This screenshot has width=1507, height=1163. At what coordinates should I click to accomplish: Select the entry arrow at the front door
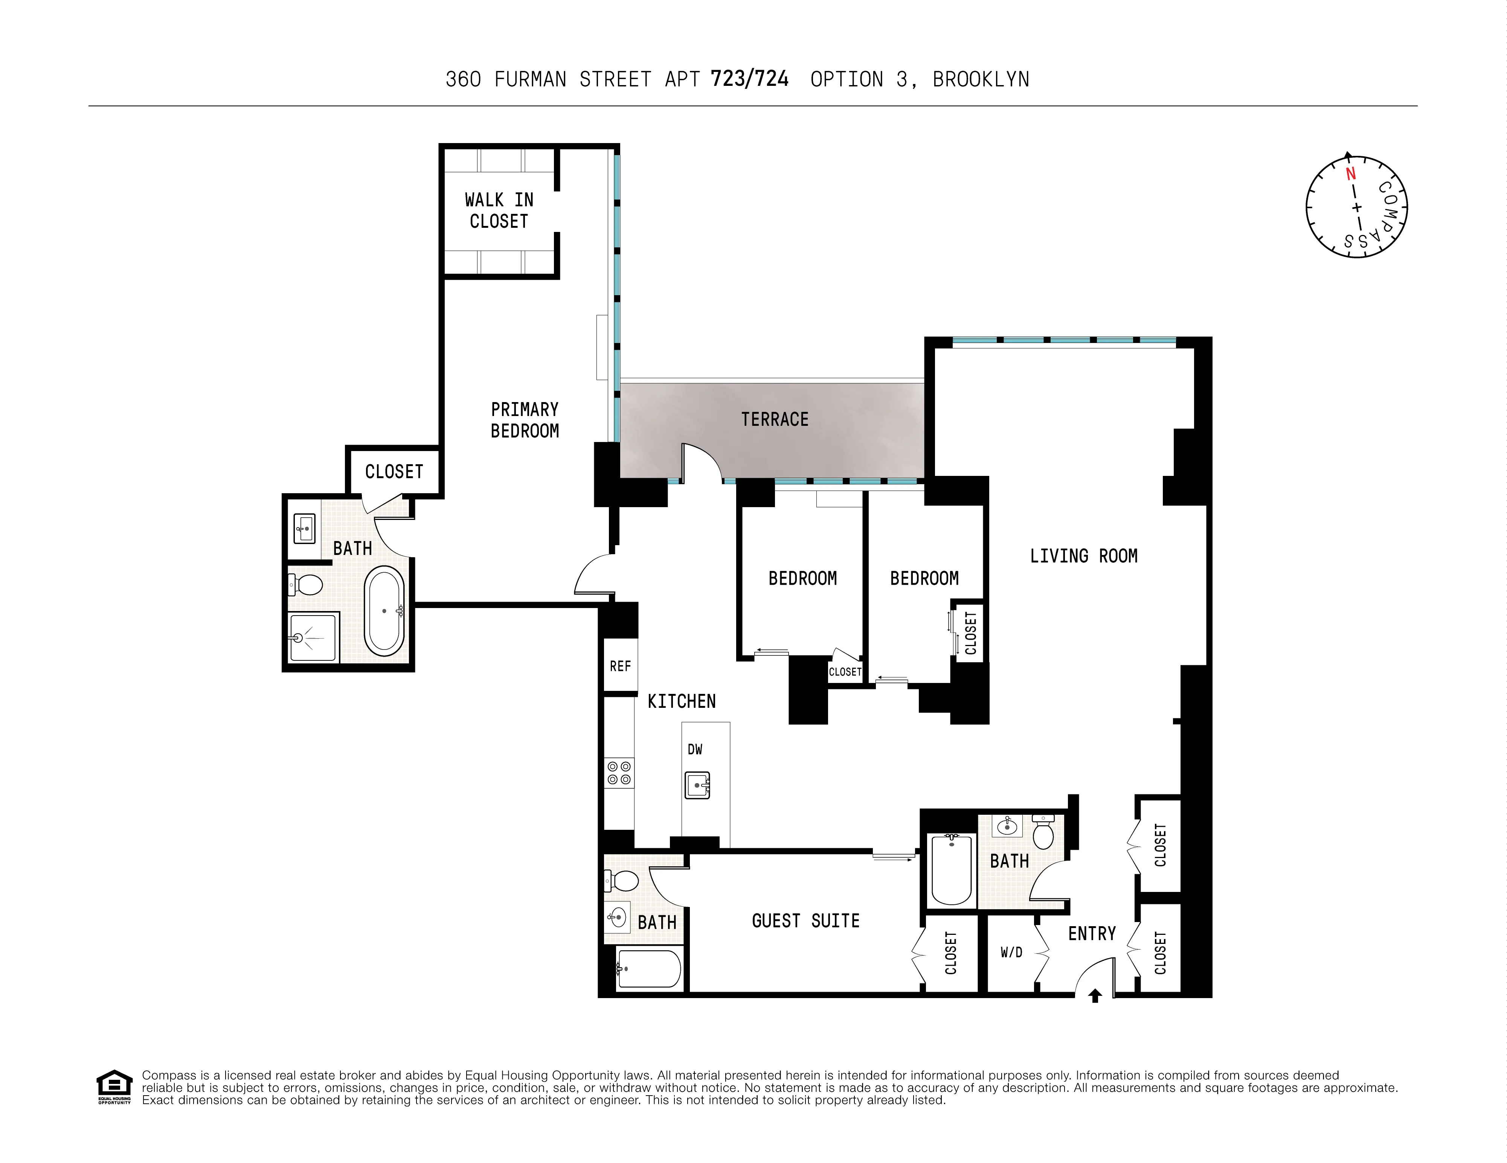(x=1095, y=995)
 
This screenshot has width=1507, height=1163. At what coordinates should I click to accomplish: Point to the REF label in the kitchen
(x=620, y=666)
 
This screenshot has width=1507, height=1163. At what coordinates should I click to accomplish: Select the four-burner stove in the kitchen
(x=619, y=773)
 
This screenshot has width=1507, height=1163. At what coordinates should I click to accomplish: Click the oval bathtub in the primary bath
(x=384, y=611)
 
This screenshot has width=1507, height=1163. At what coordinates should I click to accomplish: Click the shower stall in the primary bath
(x=313, y=637)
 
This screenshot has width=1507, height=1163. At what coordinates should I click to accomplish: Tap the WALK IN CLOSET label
(x=499, y=210)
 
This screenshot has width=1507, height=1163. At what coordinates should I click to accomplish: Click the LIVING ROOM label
(x=1083, y=556)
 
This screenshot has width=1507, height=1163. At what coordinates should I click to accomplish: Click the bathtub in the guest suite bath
(x=648, y=969)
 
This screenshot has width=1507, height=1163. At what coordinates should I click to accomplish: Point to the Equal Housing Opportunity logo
(x=114, y=1087)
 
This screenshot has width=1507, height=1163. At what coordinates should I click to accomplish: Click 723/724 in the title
(x=749, y=79)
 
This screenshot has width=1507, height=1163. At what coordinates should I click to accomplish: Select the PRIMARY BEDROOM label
(x=525, y=420)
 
